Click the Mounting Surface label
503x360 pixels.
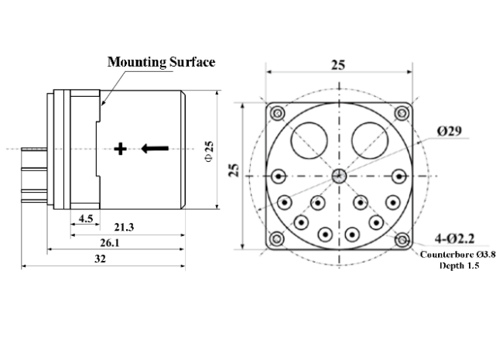(x=161, y=62)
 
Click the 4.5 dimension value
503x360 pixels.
(x=86, y=219)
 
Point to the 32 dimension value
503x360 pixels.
(x=100, y=259)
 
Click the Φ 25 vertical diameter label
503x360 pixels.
(x=207, y=149)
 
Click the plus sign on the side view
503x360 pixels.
(x=120, y=149)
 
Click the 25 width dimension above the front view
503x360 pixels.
(x=338, y=65)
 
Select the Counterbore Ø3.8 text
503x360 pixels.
(x=458, y=253)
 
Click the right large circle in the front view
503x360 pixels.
(x=368, y=140)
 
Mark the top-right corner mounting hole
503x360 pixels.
(x=401, y=114)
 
